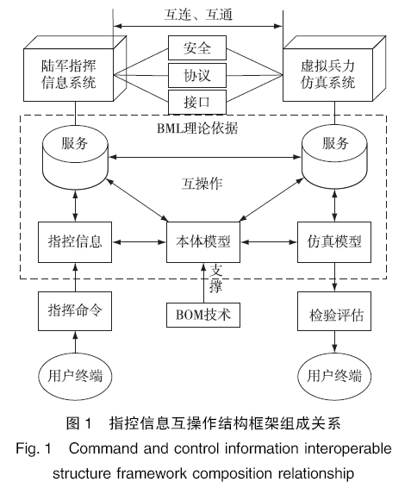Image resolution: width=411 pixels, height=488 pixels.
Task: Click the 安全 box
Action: (197, 47)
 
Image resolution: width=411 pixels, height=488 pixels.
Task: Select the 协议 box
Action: (197, 75)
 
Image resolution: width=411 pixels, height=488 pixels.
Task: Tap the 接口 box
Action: (197, 102)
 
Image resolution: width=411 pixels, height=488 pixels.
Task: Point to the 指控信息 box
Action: (75, 242)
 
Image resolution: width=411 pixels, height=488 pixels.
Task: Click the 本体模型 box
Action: (203, 242)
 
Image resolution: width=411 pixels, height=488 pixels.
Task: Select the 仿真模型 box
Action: (334, 242)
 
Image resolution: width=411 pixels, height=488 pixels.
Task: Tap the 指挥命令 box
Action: (75, 311)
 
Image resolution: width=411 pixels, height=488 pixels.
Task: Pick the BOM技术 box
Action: (203, 315)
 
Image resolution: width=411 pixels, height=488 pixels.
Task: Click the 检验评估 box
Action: (334, 311)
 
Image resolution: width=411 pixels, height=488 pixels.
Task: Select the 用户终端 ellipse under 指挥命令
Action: (75, 376)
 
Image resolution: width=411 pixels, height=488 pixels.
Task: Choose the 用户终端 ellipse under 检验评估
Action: (334, 376)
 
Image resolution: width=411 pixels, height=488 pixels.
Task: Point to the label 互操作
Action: (202, 184)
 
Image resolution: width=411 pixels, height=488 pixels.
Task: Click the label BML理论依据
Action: (197, 128)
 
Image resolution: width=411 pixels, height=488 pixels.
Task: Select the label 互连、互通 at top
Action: (198, 15)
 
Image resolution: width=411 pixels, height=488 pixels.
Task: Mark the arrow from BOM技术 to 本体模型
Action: (203, 283)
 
